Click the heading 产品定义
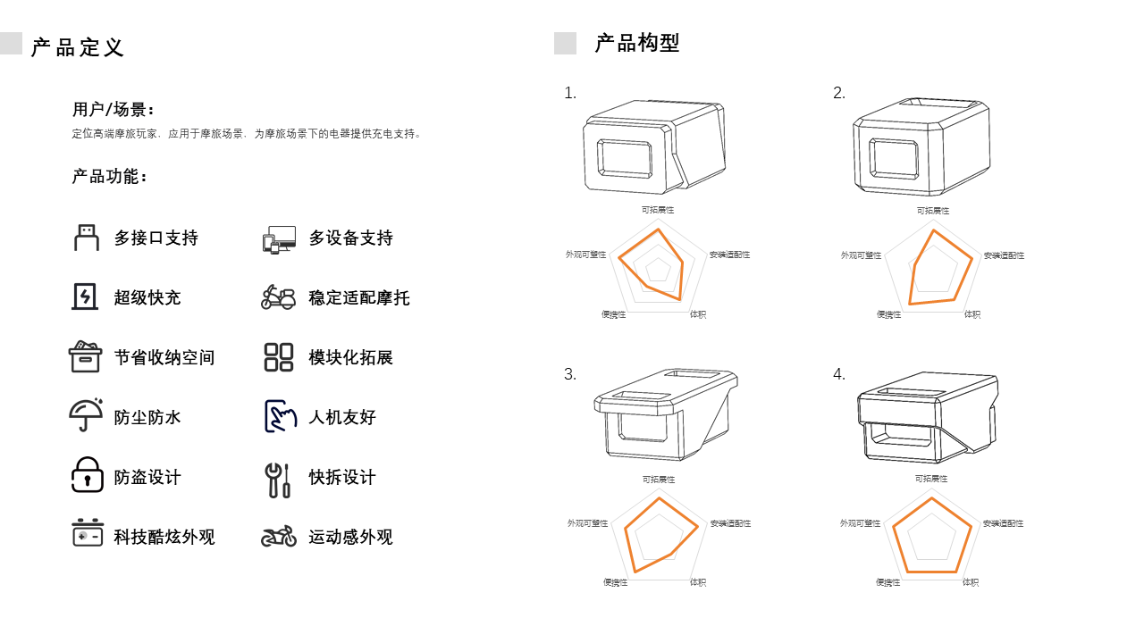(x=78, y=47)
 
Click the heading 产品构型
(x=637, y=43)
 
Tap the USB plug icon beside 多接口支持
(x=86, y=238)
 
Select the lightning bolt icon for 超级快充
(x=85, y=296)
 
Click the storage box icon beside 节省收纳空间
(x=86, y=356)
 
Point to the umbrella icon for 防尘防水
(x=86, y=415)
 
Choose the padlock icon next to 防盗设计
(x=87, y=475)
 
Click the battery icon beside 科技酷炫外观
(x=88, y=533)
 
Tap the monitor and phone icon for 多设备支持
(x=279, y=238)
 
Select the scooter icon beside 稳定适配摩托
(x=278, y=297)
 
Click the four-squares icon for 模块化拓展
(x=279, y=357)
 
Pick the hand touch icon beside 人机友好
(x=280, y=416)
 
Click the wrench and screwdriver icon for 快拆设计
(x=277, y=480)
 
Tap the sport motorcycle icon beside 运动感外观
(x=279, y=536)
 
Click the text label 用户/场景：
(x=114, y=110)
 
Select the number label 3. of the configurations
(x=570, y=374)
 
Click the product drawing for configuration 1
(x=655, y=146)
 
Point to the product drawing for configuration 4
(x=927, y=418)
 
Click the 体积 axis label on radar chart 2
(x=972, y=314)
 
